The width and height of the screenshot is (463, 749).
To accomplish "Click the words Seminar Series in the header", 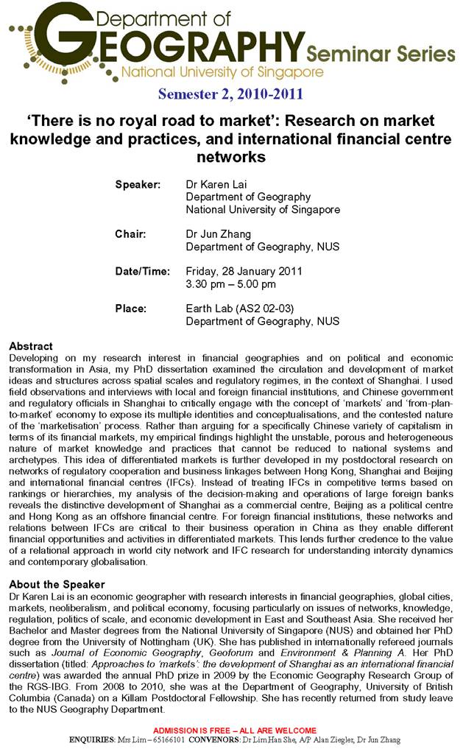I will [381, 53].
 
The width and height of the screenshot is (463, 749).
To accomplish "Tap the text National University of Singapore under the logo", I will [222, 72].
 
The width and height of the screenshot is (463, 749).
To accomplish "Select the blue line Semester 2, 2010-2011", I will [230, 94].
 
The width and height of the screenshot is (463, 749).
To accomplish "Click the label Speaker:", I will [138, 184].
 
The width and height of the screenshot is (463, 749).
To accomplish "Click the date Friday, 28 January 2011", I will [244, 271].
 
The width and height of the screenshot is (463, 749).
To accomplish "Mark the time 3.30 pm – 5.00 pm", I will [230, 284].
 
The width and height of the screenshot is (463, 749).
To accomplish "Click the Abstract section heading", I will [31, 345].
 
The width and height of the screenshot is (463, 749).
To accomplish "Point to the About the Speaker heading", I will [57, 584].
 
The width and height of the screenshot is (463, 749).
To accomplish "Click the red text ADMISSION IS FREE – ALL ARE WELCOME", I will [234, 730].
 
